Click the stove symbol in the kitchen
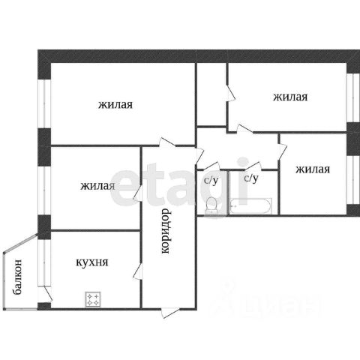click(93, 299)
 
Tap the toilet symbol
click(211, 205)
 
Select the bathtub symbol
click(250, 205)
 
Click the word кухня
click(92, 262)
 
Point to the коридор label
click(166, 231)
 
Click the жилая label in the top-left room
click(115, 104)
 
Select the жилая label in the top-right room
click(290, 97)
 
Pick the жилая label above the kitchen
click(97, 186)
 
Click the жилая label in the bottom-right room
click(313, 169)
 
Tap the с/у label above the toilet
click(211, 181)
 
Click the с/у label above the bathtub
click(251, 178)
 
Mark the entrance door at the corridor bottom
click(170, 313)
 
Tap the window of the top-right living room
click(353, 97)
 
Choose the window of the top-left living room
click(44, 103)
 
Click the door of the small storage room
click(230, 93)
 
